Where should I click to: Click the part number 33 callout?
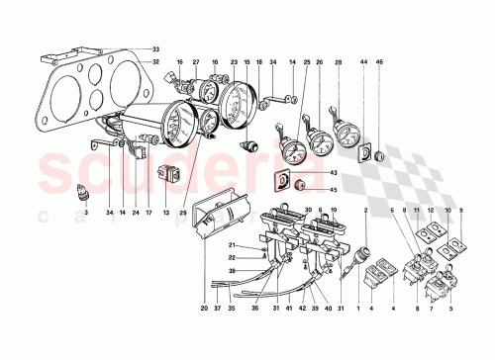click(x=155, y=48)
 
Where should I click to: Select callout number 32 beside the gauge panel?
click(x=155, y=61)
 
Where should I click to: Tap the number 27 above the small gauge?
click(x=196, y=61)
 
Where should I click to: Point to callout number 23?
click(x=234, y=61)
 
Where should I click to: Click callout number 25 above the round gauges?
click(x=307, y=63)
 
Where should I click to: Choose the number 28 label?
click(x=340, y=63)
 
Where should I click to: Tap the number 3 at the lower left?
click(x=86, y=213)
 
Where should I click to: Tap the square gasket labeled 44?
click(x=365, y=154)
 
